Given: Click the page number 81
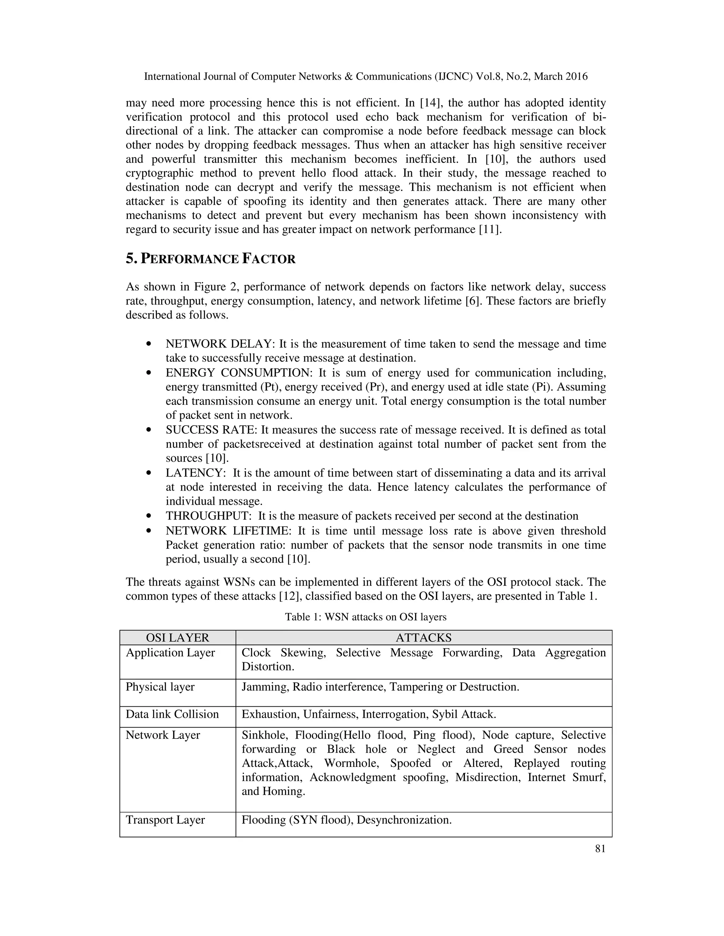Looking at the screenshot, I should click(600, 849).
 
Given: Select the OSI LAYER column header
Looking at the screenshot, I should click(177, 638).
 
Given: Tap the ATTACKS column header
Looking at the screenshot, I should click(423, 638).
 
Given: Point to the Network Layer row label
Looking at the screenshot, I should click(163, 735).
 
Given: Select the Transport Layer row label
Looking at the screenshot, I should click(165, 820).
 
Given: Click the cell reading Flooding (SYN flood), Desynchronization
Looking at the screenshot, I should click(346, 820).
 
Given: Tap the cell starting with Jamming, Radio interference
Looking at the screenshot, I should click(380, 687).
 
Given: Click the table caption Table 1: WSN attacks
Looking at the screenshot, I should click(366, 617).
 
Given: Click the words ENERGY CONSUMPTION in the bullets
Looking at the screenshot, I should click(237, 373).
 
